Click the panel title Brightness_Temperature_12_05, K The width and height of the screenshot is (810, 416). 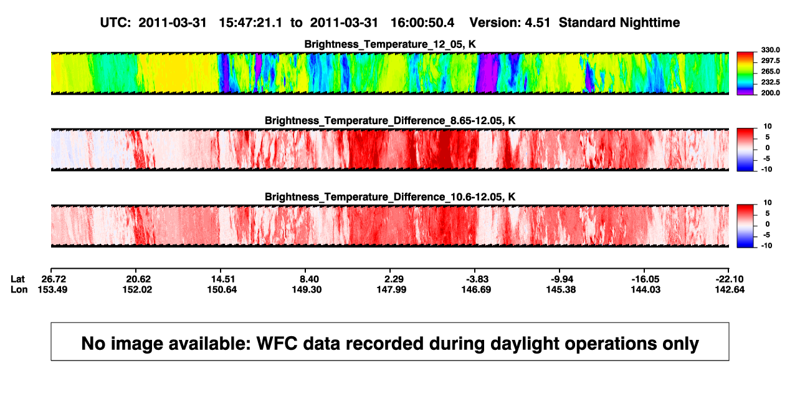(390, 44)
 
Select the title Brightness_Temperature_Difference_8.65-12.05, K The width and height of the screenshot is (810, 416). (390, 120)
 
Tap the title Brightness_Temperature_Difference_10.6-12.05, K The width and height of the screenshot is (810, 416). (390, 197)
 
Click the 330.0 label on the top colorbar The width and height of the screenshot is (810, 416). (770, 50)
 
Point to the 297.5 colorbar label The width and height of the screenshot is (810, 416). (770, 61)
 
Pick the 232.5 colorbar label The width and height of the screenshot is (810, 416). (770, 82)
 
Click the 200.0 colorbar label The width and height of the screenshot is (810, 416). (770, 93)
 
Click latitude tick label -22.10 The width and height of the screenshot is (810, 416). (730, 279)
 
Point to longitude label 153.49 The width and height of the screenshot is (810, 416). (52, 289)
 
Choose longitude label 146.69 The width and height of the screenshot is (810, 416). (476, 289)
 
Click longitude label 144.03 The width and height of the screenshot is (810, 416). (646, 289)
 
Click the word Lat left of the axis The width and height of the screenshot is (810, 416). (17, 279)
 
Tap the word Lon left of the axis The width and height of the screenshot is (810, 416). (19, 289)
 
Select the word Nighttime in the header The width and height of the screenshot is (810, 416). (650, 22)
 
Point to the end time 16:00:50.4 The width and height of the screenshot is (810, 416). (422, 22)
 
